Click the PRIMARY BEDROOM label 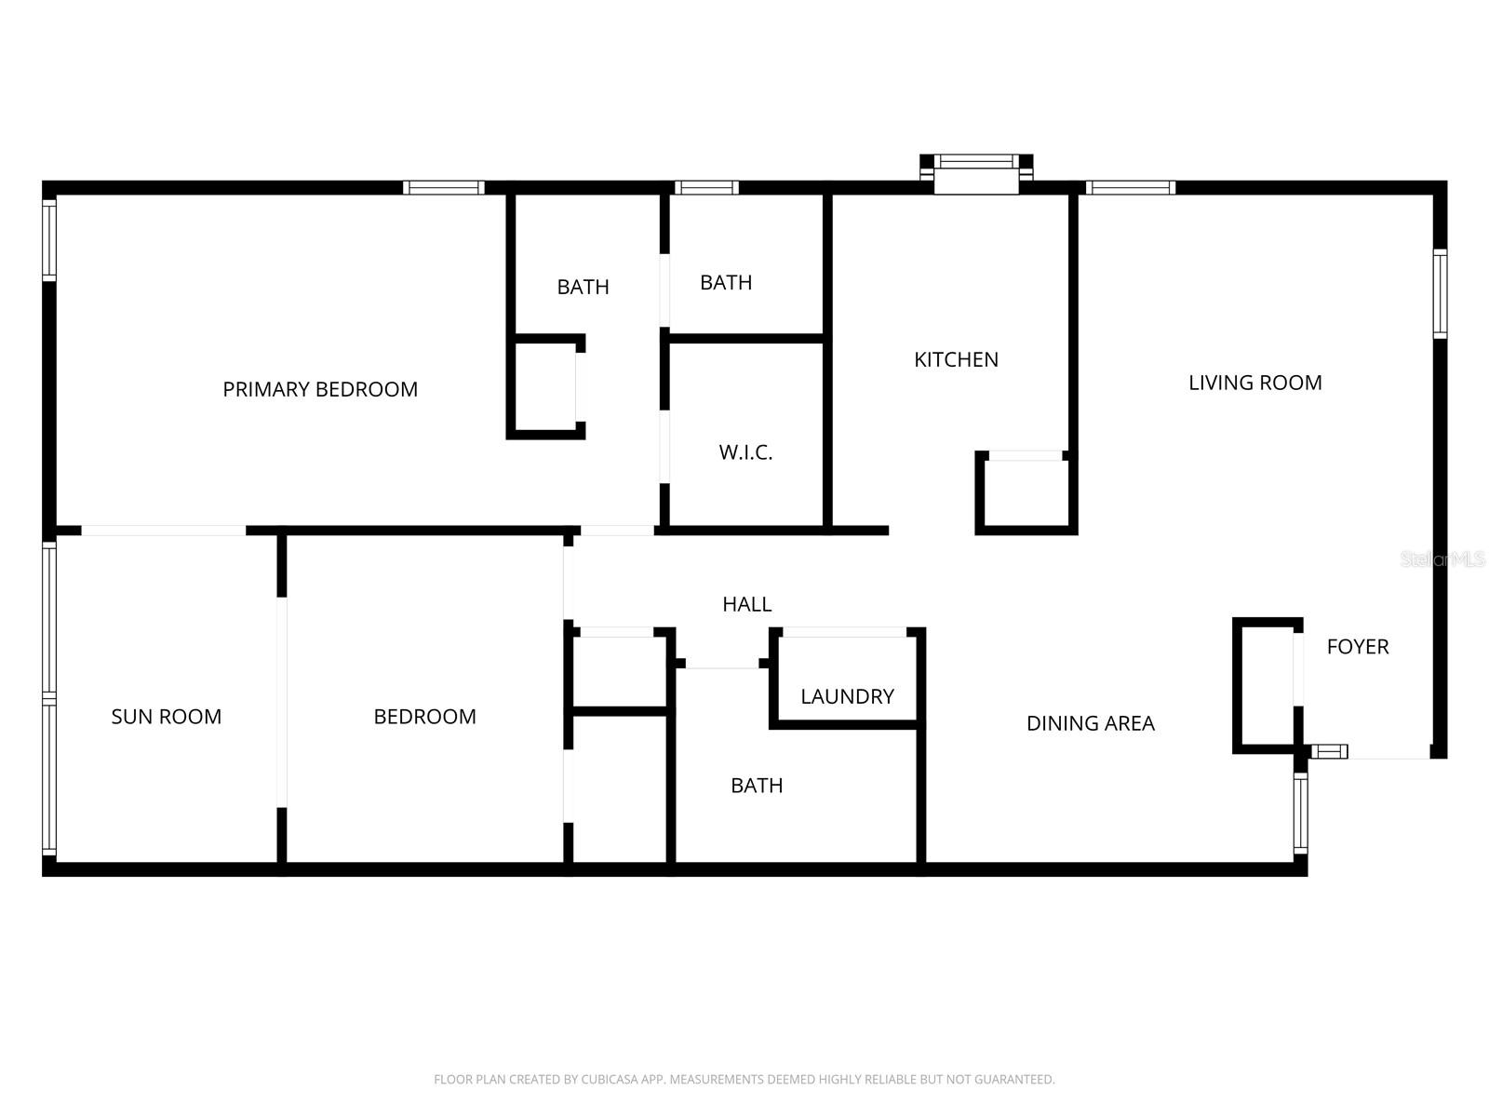click(x=320, y=389)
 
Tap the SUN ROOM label click(x=167, y=717)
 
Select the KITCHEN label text click(x=956, y=359)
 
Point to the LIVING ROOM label click(x=1254, y=383)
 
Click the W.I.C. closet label click(x=745, y=452)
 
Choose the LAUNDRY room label click(x=847, y=696)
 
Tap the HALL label click(x=746, y=604)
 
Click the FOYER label click(x=1357, y=647)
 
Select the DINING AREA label click(x=1090, y=723)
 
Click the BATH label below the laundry click(x=757, y=786)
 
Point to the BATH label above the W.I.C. click(x=726, y=282)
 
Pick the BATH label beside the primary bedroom click(x=583, y=287)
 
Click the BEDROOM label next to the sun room click(x=424, y=717)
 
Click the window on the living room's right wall click(x=1440, y=293)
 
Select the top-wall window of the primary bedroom click(x=444, y=188)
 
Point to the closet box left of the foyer click(x=1266, y=684)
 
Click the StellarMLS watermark click(x=1442, y=559)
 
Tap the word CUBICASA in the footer click(x=609, y=1080)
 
